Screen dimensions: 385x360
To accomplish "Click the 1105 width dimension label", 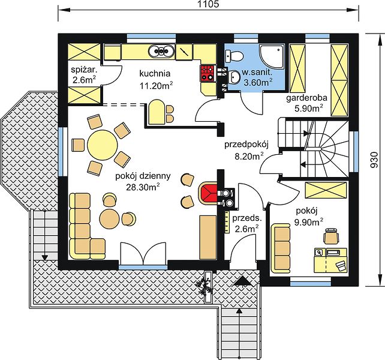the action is pyautogui.click(x=207, y=4).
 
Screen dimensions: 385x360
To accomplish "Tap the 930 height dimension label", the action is pyautogui.click(x=374, y=160).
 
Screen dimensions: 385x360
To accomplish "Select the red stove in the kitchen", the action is pyautogui.click(x=208, y=73).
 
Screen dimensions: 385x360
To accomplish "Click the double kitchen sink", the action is pyautogui.click(x=161, y=51).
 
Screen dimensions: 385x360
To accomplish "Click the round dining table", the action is pyautogui.click(x=103, y=145).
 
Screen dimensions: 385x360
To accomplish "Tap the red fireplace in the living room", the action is pyautogui.click(x=207, y=193).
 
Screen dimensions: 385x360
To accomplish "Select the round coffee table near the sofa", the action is pyautogui.click(x=109, y=218).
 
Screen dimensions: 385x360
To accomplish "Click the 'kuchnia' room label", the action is pyautogui.click(x=155, y=73).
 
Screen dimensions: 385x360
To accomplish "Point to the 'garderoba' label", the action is pyautogui.click(x=306, y=98).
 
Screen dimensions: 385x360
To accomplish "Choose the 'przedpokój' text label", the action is pyautogui.click(x=246, y=145).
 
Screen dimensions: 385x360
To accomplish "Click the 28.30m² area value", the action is pyautogui.click(x=143, y=187).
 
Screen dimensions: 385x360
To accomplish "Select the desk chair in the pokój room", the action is pyautogui.click(x=331, y=236).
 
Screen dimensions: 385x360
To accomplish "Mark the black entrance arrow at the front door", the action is pyautogui.click(x=242, y=280).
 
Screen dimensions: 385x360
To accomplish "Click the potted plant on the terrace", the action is pyautogui.click(x=203, y=286).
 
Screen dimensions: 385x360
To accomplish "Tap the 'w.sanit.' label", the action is pyautogui.click(x=257, y=72).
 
